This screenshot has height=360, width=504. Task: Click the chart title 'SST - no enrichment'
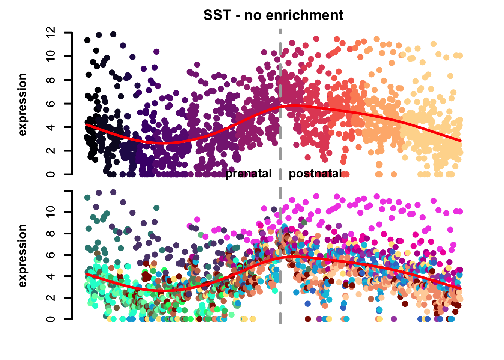[x=273, y=15]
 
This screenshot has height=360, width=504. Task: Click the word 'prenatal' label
[x=249, y=174]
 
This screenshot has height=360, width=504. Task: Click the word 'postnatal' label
[x=315, y=174]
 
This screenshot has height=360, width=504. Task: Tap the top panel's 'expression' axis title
[x=22, y=104]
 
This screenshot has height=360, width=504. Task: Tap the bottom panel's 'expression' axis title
[x=22, y=256]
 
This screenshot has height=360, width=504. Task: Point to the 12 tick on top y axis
[x=51, y=33]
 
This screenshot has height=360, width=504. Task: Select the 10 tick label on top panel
[x=51, y=56]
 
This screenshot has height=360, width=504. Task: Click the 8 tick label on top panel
[x=51, y=80]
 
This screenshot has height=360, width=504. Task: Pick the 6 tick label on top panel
[x=51, y=103]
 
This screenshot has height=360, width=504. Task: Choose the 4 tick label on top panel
[x=51, y=127]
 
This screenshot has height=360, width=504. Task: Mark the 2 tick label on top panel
[x=51, y=151]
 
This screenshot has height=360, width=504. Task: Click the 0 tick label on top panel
[x=51, y=174]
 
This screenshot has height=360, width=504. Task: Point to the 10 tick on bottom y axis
[x=51, y=212]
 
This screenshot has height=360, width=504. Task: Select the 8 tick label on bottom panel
[x=51, y=233]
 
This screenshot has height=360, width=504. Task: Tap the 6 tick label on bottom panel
[x=51, y=255]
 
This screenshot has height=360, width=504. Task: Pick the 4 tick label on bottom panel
[x=51, y=276]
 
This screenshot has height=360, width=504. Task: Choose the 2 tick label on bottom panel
[x=51, y=297]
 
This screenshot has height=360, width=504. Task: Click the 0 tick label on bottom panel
[x=51, y=319]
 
